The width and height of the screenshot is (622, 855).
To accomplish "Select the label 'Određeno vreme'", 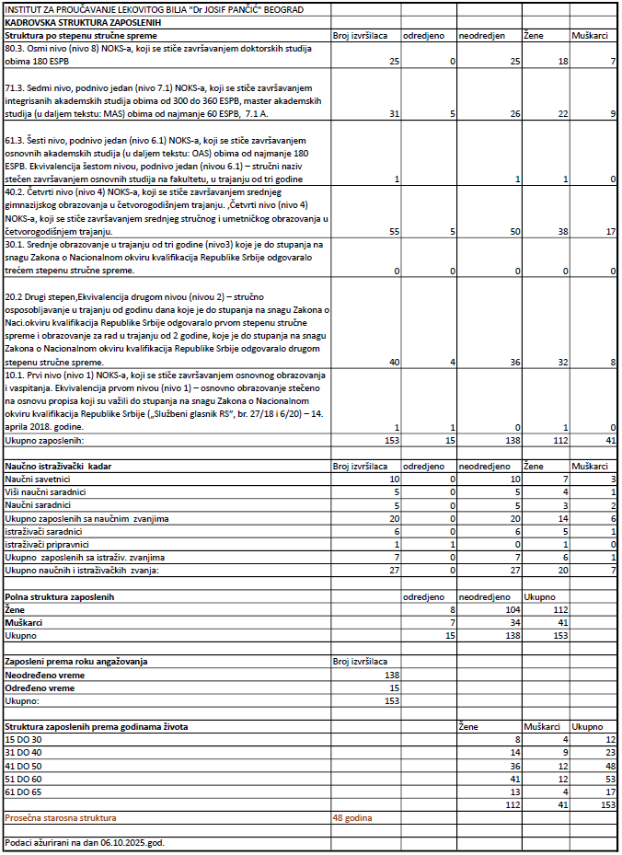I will pos(40,687).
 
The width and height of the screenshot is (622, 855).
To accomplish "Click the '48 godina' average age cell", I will pos(353,817).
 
